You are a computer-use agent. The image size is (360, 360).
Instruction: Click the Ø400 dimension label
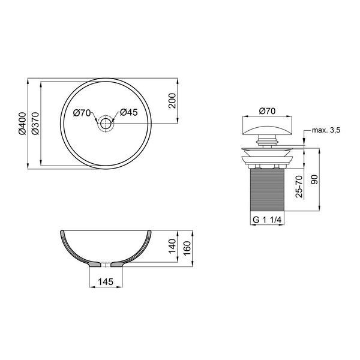click(x=22, y=124)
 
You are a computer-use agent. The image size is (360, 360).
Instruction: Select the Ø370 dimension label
click(x=35, y=124)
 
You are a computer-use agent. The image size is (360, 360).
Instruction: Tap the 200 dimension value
click(x=172, y=101)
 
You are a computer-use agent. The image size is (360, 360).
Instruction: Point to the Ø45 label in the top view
click(x=129, y=112)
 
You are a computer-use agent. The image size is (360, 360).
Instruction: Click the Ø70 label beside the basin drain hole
click(x=82, y=113)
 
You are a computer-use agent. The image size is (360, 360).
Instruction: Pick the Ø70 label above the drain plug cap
click(x=267, y=111)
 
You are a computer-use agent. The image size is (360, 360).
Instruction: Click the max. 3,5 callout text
click(x=326, y=130)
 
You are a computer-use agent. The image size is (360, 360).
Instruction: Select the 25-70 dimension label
click(x=299, y=186)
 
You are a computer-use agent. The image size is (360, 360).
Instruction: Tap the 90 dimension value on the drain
click(x=314, y=179)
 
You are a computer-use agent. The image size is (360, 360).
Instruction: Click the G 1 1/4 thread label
click(x=267, y=220)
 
